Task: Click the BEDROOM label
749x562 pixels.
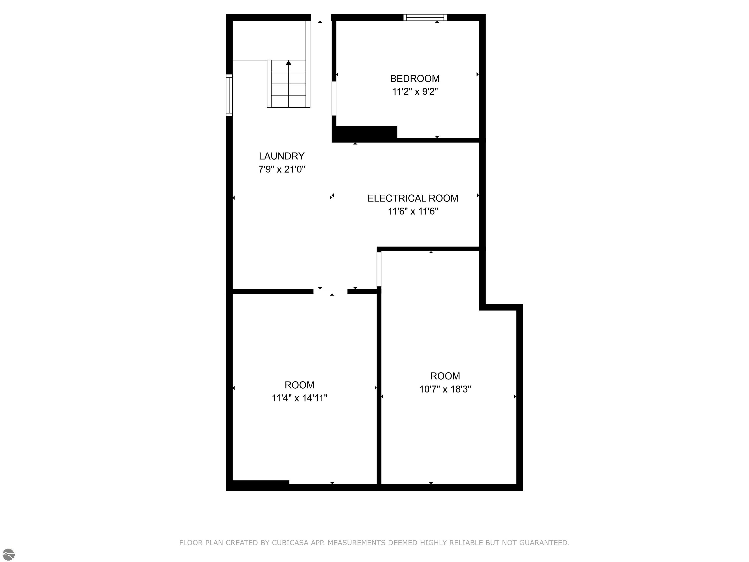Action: (415, 79)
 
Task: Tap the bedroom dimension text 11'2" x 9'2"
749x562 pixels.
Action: (415, 91)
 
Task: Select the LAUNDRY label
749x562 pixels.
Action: (282, 156)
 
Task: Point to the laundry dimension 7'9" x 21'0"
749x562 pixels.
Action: (282, 169)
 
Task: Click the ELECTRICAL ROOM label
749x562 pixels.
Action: (413, 198)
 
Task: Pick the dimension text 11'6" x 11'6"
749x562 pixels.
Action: (413, 211)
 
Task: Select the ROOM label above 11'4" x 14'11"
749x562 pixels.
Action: (299, 385)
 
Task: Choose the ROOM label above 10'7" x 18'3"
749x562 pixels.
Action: (445, 376)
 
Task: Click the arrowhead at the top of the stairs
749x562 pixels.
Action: (288, 62)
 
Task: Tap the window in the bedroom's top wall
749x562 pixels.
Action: (425, 18)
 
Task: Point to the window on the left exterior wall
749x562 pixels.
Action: (229, 95)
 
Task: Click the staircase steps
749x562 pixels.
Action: (288, 84)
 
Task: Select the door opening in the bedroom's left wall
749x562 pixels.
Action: (334, 99)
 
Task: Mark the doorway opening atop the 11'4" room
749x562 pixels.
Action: (330, 291)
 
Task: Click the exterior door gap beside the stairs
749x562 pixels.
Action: (321, 18)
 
